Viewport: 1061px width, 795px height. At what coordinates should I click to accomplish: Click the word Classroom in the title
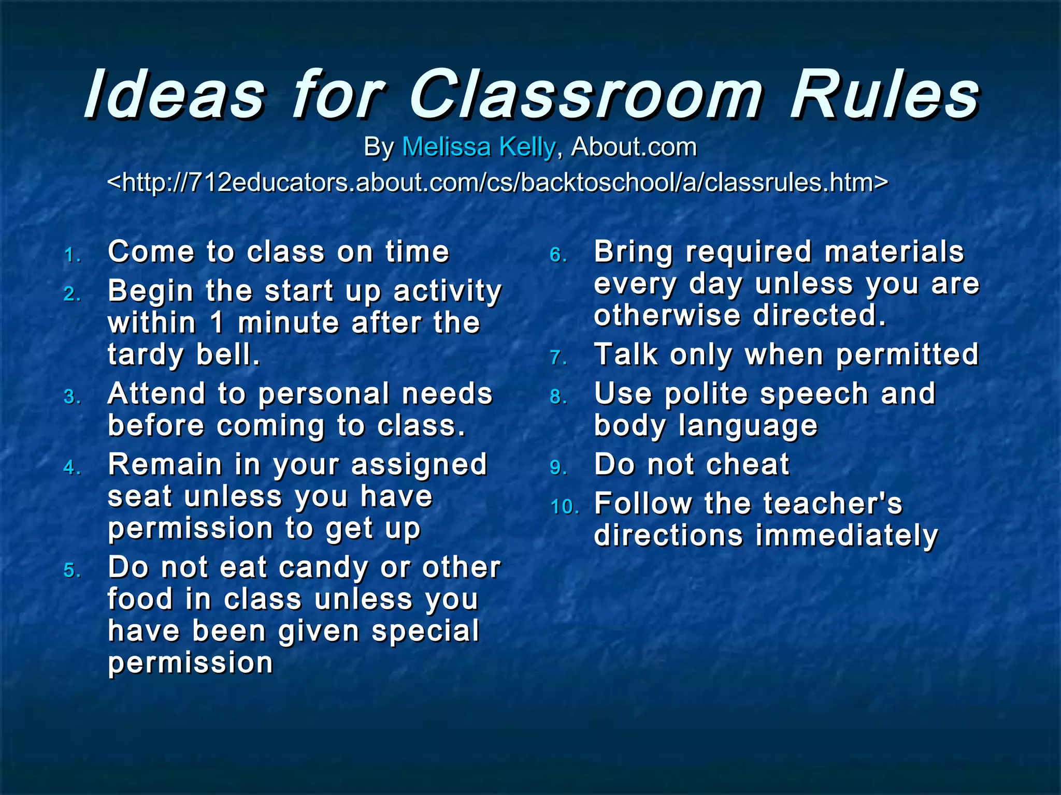coord(586,95)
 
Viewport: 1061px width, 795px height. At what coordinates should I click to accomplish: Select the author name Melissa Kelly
coord(479,147)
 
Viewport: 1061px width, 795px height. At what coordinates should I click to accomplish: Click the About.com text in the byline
coord(634,147)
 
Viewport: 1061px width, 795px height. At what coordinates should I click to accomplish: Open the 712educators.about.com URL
coord(497,183)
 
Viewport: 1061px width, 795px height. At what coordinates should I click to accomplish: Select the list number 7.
coord(558,358)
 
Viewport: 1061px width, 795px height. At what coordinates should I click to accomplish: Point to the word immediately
coord(847,536)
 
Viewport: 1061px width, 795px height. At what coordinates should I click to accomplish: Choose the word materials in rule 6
coord(894,252)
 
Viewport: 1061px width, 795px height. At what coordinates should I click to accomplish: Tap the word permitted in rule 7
coord(907,355)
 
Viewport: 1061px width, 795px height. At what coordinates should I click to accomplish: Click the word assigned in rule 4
coord(419,465)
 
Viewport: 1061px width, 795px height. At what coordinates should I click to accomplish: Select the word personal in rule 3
coord(323,394)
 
